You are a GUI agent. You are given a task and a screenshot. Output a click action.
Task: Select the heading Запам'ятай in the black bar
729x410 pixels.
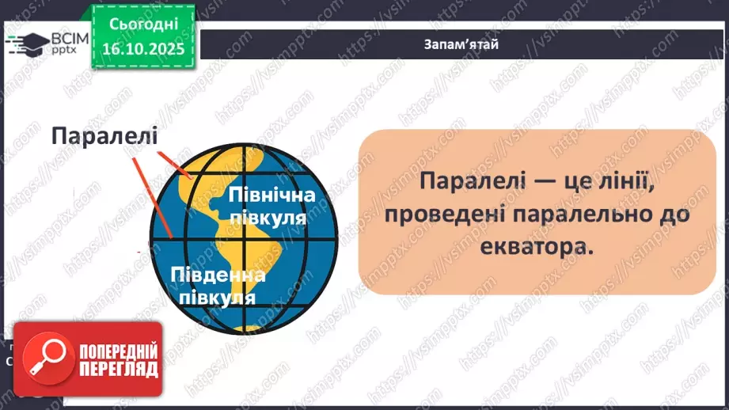pyautogui.click(x=461, y=44)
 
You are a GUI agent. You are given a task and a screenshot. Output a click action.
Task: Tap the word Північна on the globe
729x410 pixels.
pyautogui.click(x=271, y=195)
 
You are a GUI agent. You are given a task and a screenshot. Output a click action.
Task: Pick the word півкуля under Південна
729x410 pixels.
pyautogui.click(x=217, y=298)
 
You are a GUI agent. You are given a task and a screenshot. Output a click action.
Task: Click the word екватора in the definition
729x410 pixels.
pyautogui.click(x=535, y=245)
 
